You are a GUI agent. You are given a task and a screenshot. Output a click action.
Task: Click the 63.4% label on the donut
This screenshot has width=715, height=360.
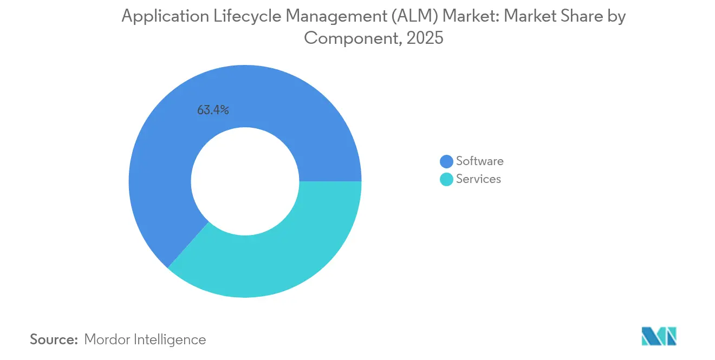213,110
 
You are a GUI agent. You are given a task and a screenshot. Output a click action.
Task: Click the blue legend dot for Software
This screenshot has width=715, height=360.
446,161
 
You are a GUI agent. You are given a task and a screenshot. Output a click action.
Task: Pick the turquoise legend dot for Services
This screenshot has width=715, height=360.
446,179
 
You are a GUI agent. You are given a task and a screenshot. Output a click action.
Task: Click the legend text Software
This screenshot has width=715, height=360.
479,161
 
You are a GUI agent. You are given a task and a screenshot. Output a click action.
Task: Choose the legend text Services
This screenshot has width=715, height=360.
478,179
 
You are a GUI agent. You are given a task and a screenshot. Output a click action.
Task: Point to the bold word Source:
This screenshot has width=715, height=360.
54,339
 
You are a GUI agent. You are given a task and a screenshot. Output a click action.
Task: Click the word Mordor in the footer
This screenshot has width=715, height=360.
107,339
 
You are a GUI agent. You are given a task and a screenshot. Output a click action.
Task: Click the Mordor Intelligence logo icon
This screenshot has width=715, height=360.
659,336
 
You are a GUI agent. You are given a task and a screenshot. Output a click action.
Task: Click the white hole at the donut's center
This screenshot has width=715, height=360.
245,181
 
